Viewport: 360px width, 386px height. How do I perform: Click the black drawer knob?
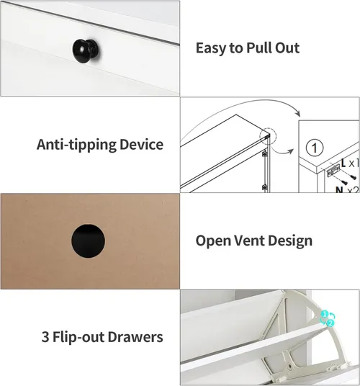point(86,51)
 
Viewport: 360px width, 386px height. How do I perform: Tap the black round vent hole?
point(88,241)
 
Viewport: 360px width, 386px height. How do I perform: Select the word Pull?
point(259,48)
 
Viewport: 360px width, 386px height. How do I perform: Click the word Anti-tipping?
point(76,145)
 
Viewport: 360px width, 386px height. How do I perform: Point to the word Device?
point(141,144)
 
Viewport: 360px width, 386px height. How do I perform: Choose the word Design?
point(290,241)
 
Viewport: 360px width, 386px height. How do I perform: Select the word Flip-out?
point(78,337)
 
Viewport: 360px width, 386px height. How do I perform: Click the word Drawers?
point(135,337)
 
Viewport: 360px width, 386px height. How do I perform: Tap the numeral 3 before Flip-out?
point(45,337)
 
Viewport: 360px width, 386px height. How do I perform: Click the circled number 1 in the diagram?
point(315,148)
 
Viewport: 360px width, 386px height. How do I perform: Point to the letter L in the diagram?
point(343,163)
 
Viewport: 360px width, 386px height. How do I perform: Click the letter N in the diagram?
point(339,189)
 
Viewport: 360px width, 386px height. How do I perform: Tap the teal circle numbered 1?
point(325,314)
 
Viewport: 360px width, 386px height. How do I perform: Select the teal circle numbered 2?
point(330,323)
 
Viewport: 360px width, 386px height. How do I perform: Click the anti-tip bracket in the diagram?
point(333,171)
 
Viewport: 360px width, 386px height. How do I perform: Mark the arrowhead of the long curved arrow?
point(298,114)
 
